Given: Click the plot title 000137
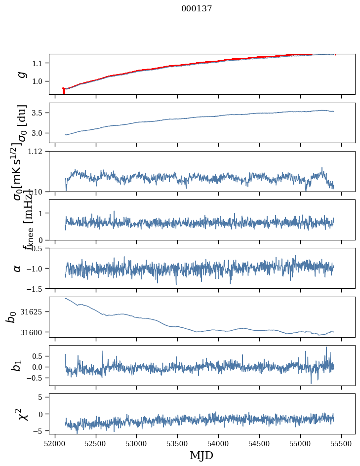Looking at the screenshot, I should pyautogui.click(x=197, y=8).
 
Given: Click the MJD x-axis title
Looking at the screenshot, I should pyautogui.click(x=201, y=455).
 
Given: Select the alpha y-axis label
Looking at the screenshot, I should pyautogui.click(x=18, y=268).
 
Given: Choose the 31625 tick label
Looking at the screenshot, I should pyautogui.click(x=33, y=312).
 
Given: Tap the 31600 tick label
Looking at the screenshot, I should pyautogui.click(x=33, y=332).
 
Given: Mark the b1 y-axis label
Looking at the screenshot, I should pyautogui.click(x=18, y=366).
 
